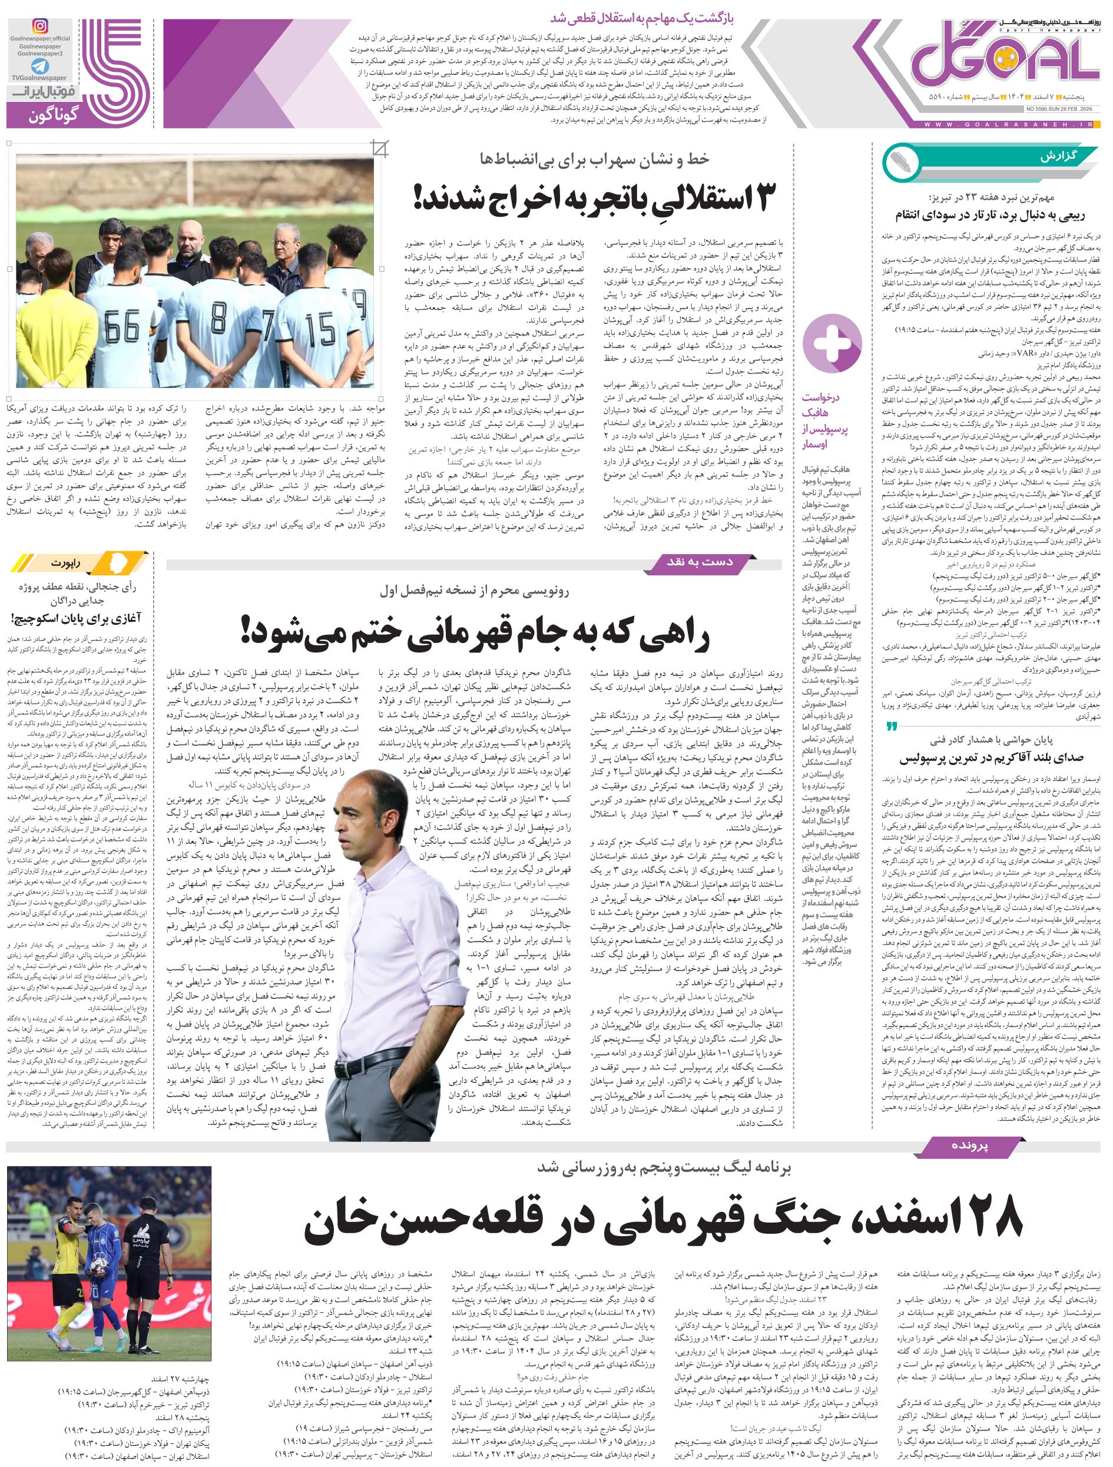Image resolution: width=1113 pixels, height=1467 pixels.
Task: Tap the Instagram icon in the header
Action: tap(40, 27)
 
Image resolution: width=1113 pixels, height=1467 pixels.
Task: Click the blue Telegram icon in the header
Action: tap(40, 67)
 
